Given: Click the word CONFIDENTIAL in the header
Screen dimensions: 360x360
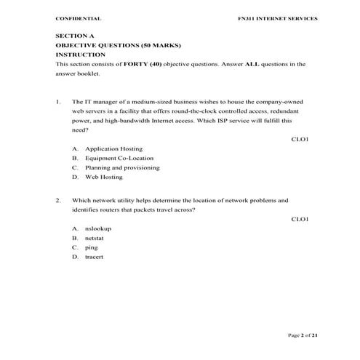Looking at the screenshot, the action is [78, 18].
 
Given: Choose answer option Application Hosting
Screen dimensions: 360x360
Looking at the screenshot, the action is [113, 148].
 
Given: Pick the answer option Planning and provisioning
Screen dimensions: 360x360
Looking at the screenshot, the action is [121, 167].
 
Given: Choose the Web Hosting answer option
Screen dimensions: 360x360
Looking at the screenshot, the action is [103, 177].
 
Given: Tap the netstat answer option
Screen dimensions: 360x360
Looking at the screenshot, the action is [95, 238].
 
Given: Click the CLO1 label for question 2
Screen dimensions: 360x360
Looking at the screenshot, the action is [300, 219].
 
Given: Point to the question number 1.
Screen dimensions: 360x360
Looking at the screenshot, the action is [57, 101].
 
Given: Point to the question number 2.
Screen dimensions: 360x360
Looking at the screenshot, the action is [57, 199].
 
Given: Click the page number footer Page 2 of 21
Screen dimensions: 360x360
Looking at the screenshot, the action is [303, 335].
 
